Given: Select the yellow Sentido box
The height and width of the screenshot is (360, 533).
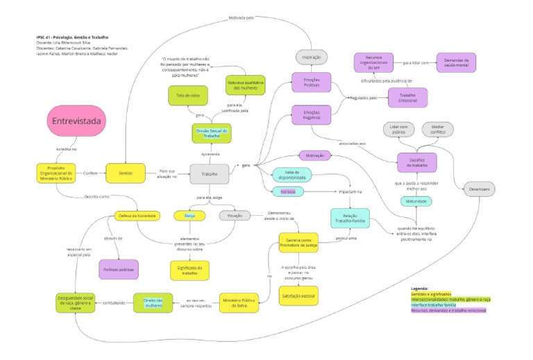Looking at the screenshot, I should coord(126,173).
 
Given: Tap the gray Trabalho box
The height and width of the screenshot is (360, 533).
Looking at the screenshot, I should coord(209,173).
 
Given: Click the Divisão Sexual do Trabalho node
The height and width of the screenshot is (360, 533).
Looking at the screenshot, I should coord(212,132).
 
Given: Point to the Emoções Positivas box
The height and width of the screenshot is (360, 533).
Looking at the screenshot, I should coord(311,82).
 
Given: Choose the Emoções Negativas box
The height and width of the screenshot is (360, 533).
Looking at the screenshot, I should coord(311,115).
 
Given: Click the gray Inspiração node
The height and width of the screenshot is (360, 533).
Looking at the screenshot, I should coord(311,56).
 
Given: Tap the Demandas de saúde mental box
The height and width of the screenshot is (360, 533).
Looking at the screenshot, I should coord(456,62).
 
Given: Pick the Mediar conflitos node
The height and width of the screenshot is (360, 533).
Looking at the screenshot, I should coord(437,128).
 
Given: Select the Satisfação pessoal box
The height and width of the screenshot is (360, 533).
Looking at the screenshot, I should coord(298,295).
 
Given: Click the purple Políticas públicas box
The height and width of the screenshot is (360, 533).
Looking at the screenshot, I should coord(119,269).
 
